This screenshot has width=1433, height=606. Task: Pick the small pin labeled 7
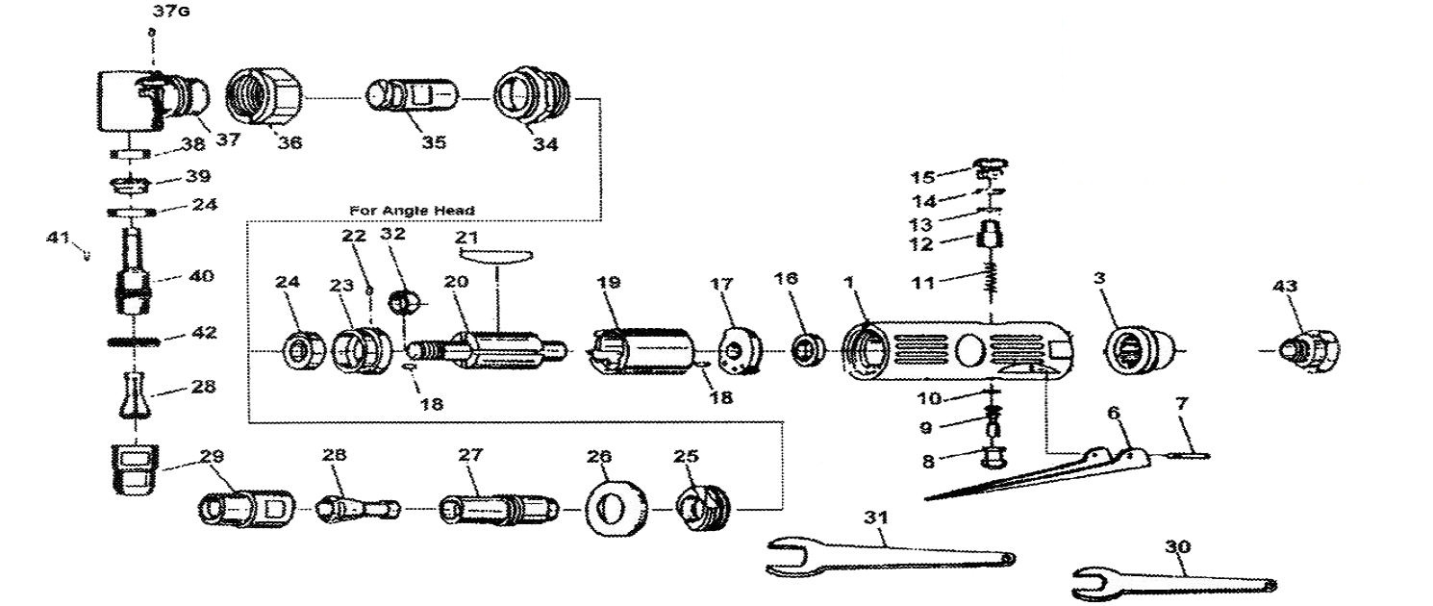(1190, 455)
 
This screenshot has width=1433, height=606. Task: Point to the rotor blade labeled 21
(495, 254)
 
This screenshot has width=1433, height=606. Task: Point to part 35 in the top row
(412, 99)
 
